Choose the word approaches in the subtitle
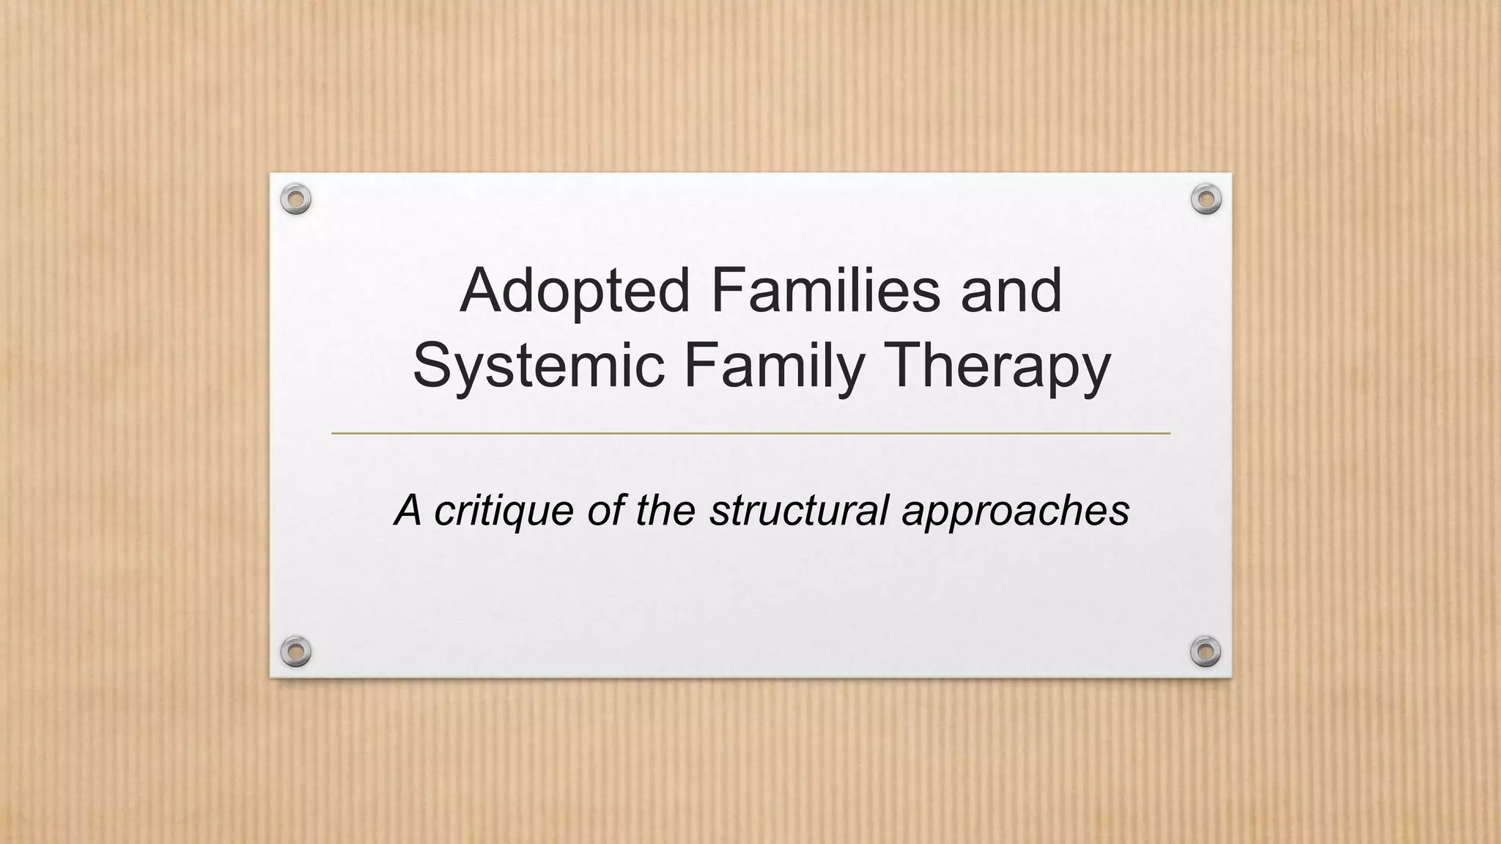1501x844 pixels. [x=1015, y=511]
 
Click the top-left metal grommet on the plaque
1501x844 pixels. [x=296, y=199]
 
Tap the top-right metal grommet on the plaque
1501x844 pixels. [x=1206, y=199]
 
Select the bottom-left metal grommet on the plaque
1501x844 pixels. [x=296, y=651]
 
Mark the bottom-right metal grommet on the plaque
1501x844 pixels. [x=1206, y=651]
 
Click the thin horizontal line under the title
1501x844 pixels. [x=750, y=434]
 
